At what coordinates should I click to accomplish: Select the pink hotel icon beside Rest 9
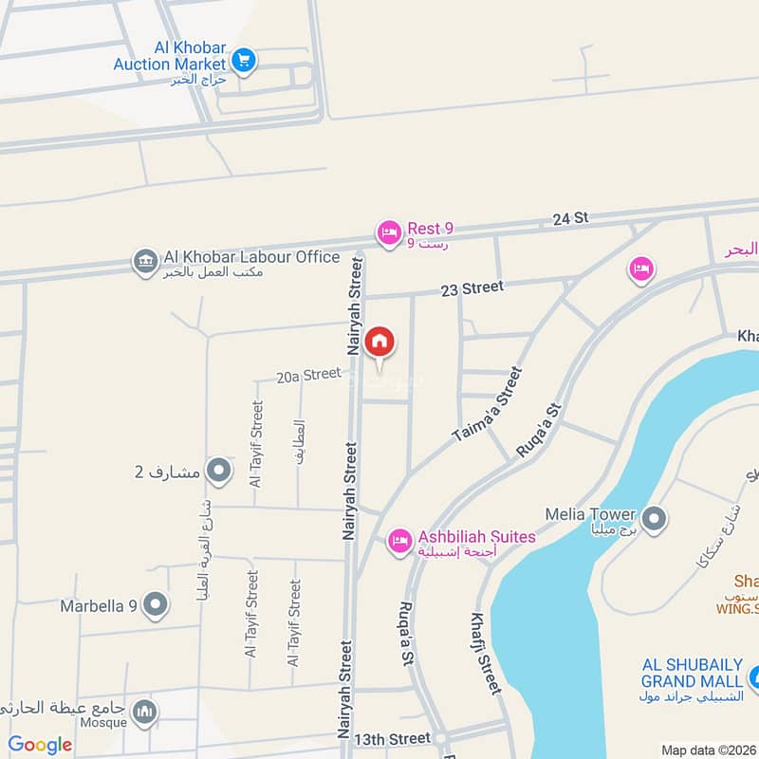click(x=388, y=232)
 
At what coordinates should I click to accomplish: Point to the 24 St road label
click(x=571, y=218)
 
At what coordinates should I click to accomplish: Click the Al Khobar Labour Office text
click(x=251, y=256)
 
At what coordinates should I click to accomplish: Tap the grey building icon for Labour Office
click(x=145, y=261)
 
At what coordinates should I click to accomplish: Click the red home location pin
click(x=379, y=342)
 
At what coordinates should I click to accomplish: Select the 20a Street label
click(x=308, y=376)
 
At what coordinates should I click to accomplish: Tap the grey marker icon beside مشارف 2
click(x=219, y=471)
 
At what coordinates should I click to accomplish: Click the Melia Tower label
click(x=588, y=514)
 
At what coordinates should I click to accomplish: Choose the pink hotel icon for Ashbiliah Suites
click(x=399, y=541)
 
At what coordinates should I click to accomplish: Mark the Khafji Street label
click(x=484, y=653)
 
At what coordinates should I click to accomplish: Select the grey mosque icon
click(x=144, y=712)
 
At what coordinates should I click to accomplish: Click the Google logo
click(x=41, y=745)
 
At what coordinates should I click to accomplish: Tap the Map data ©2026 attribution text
click(x=708, y=750)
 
